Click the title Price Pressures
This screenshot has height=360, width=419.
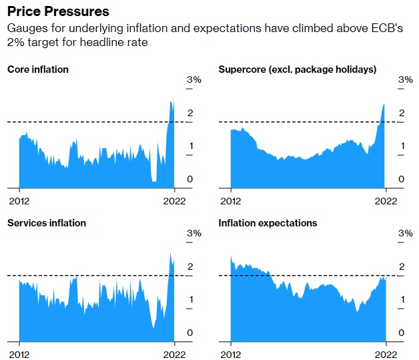click(x=58, y=12)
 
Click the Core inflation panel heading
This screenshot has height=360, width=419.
click(x=38, y=69)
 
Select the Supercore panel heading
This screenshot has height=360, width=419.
click(x=298, y=69)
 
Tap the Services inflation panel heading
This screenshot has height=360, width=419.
click(x=47, y=223)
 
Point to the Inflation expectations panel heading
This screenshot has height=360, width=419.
click(x=268, y=223)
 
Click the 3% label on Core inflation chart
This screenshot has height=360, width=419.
click(x=194, y=80)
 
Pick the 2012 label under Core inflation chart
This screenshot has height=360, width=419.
click(x=19, y=200)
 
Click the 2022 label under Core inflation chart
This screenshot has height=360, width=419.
click(x=174, y=200)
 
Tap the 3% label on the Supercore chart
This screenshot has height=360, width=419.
click(x=405, y=80)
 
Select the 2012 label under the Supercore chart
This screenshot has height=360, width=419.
click(x=230, y=200)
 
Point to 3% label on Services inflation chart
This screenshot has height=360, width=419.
click(x=194, y=234)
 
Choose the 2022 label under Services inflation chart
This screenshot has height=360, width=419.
click(x=174, y=354)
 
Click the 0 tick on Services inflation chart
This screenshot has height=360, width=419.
click(x=190, y=333)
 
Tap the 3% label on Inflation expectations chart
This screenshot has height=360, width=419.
click(x=405, y=234)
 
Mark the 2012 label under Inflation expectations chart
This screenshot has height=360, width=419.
click(x=230, y=354)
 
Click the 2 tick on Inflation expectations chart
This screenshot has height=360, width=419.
click(x=402, y=267)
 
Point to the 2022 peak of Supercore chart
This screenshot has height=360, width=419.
click(x=384, y=104)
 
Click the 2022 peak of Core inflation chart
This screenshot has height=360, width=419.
click(x=171, y=101)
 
